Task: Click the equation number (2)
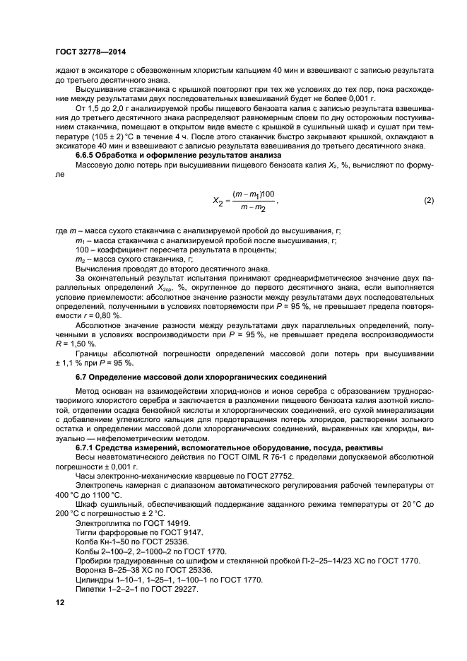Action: (427, 201)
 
